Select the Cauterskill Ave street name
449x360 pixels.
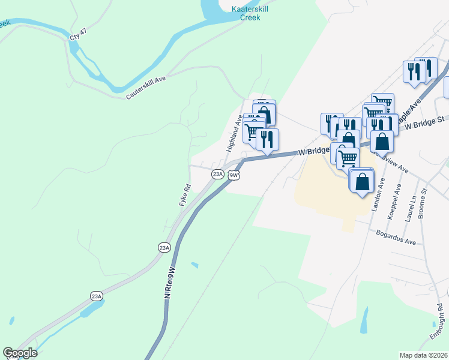tap(146, 88)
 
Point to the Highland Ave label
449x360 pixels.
tap(234, 133)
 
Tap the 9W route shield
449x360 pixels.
tap(234, 175)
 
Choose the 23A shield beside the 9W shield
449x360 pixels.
tap(217, 174)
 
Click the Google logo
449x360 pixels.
tap(20, 353)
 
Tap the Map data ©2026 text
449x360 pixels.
tap(424, 355)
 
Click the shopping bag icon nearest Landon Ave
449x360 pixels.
tap(363, 181)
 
